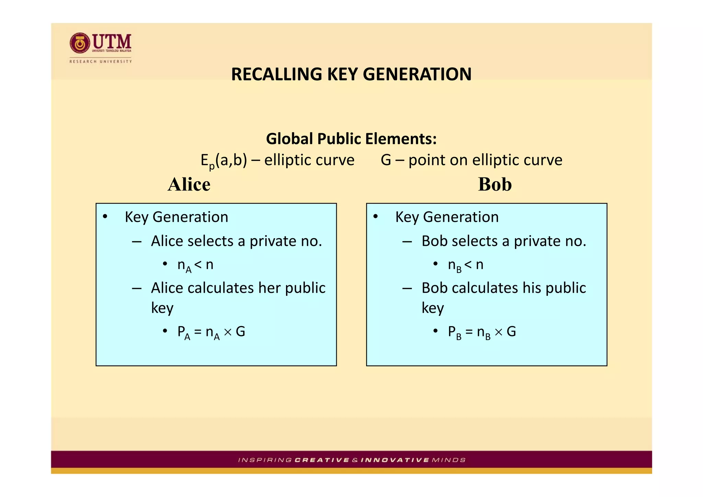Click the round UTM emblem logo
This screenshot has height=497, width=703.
[x=80, y=43]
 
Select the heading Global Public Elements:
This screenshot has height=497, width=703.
[x=351, y=139]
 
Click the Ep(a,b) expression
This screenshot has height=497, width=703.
[x=223, y=161]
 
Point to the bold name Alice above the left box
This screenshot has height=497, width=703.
[x=189, y=184]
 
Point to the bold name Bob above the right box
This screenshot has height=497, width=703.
[x=495, y=184]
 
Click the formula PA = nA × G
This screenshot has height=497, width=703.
[x=211, y=332]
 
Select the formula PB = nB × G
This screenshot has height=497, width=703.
[x=482, y=332]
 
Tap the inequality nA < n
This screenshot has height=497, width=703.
[x=195, y=265]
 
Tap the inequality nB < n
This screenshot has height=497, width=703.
[x=465, y=265]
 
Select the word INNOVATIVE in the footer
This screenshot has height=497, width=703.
[x=395, y=460]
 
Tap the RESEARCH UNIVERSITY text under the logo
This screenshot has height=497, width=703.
[x=101, y=61]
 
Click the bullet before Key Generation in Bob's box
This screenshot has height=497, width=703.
[x=376, y=217]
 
